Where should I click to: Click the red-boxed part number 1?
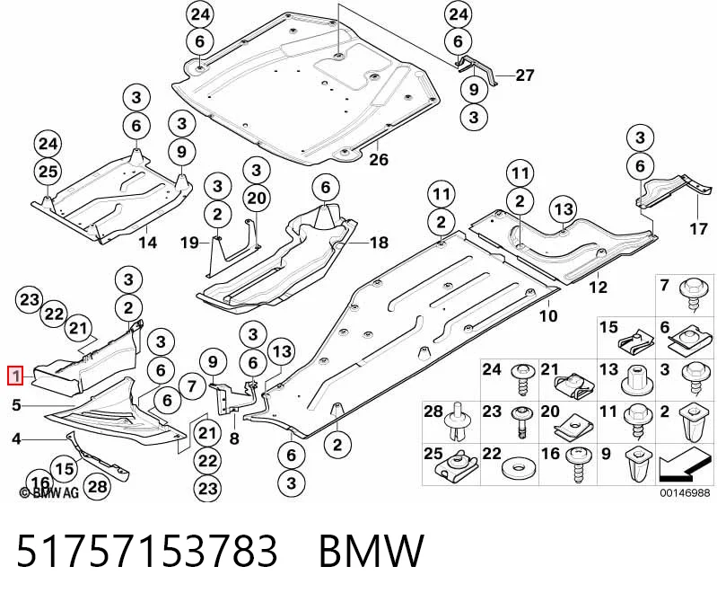click(16, 376)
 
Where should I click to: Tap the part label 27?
click(524, 75)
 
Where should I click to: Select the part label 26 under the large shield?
click(379, 159)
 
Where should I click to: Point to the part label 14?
click(148, 243)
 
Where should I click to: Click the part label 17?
click(698, 228)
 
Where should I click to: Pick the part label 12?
click(598, 287)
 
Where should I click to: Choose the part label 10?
click(548, 315)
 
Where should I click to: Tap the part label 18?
click(379, 243)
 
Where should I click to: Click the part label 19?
click(189, 242)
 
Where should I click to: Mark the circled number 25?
click(48, 172)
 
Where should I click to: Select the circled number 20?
click(257, 199)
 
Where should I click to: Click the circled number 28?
click(98, 486)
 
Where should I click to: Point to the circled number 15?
click(65, 468)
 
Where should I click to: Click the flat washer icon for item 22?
click(519, 469)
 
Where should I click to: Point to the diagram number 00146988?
click(685, 492)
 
